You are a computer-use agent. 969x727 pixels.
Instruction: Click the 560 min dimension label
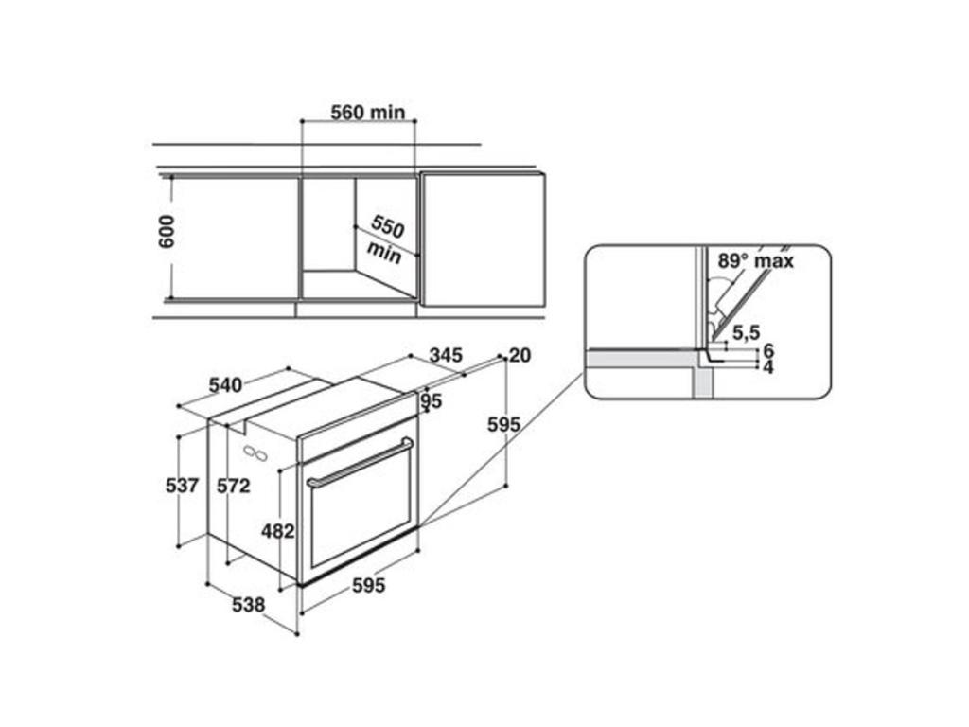368,113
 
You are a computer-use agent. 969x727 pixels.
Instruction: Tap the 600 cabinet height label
167,232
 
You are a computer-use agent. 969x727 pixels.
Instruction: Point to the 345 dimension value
446,355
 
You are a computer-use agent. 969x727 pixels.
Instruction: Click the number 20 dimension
520,356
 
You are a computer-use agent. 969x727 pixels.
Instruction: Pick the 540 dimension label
225,385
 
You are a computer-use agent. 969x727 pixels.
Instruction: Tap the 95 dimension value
432,401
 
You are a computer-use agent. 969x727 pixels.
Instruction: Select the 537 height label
183,486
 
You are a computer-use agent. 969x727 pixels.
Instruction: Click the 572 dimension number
234,486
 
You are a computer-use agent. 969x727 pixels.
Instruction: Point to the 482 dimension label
277,531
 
